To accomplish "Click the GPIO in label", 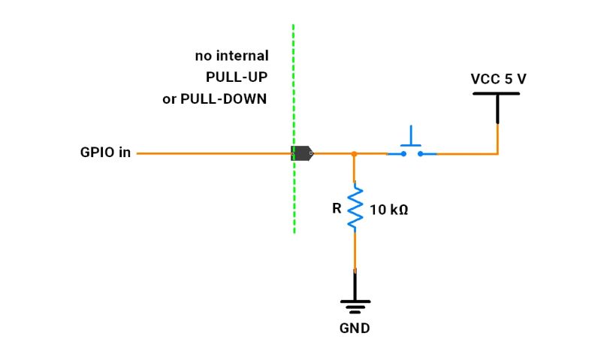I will pos(105,153).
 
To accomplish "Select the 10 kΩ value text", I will pos(388,210).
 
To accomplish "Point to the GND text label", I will pos(355,328).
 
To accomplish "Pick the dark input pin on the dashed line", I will pos(302,153).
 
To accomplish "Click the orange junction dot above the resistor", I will pos(354,153).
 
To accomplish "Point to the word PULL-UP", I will pos(237,77).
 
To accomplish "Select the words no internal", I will pos(231,56).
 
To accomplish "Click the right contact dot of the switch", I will pos(421,154).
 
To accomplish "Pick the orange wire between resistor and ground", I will pos(355,252).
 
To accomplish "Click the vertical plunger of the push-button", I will pos(411,135).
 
